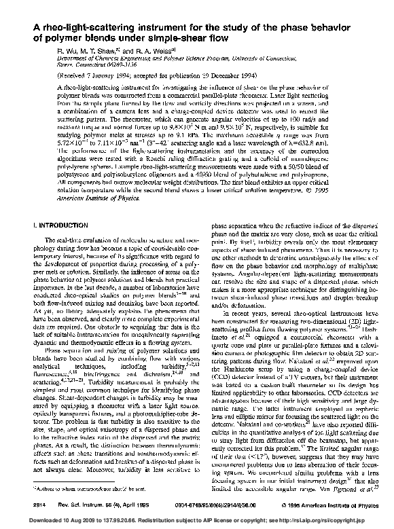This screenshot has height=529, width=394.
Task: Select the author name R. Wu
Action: (x=47, y=51)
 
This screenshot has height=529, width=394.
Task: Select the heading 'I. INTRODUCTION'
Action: (x=52, y=223)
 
